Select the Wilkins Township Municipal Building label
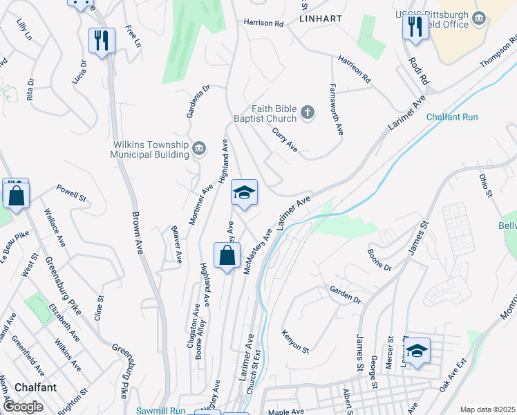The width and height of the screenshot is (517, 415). tap(150, 149)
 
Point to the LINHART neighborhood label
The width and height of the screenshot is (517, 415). tap(321, 19)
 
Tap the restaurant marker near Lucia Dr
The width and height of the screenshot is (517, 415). tap(102, 41)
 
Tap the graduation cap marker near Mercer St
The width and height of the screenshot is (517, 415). tap(417, 351)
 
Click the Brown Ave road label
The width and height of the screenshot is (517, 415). tap(136, 232)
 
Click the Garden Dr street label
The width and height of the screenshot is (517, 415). tap(345, 295)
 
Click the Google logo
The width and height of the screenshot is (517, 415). tap(23, 407)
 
